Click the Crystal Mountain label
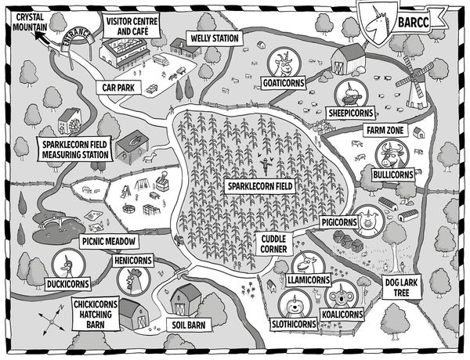tap(30, 22)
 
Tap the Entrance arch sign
tap(77, 39)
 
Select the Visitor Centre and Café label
tap(132, 27)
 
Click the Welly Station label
tap(215, 38)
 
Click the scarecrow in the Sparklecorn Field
tap(266, 167)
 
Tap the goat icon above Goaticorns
tap(284, 63)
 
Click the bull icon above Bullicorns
tap(392, 155)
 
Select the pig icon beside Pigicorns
tap(368, 221)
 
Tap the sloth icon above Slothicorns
tap(295, 305)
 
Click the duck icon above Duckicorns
tap(68, 265)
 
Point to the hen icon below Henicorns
tap(134, 281)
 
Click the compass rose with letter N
tap(52, 320)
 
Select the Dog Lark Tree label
tap(401, 287)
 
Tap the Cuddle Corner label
tap(273, 244)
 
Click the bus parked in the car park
tap(161, 60)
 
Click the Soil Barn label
tap(189, 325)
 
